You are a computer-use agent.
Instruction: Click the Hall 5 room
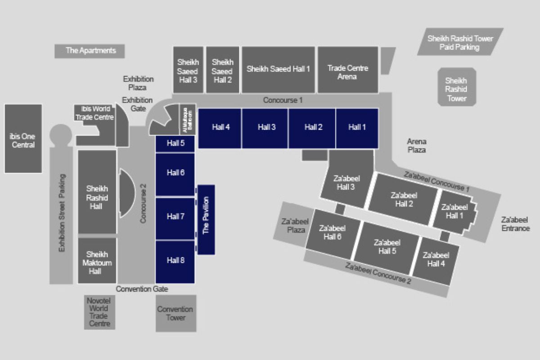click(x=175, y=144)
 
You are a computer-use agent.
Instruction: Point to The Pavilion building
click(x=206, y=219)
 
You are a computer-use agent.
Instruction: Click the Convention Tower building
click(x=175, y=313)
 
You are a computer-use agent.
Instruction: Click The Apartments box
click(x=90, y=50)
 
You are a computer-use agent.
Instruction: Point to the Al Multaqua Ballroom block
click(x=188, y=119)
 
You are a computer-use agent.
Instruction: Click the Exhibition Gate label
click(x=137, y=104)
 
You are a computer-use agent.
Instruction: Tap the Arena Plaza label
click(x=417, y=146)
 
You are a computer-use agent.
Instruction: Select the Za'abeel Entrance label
click(x=516, y=224)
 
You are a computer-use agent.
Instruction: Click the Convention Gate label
click(x=142, y=289)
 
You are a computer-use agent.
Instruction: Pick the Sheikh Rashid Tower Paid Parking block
click(x=460, y=42)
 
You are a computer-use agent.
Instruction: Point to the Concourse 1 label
click(x=283, y=100)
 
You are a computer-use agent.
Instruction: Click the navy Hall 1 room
click(x=357, y=127)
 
